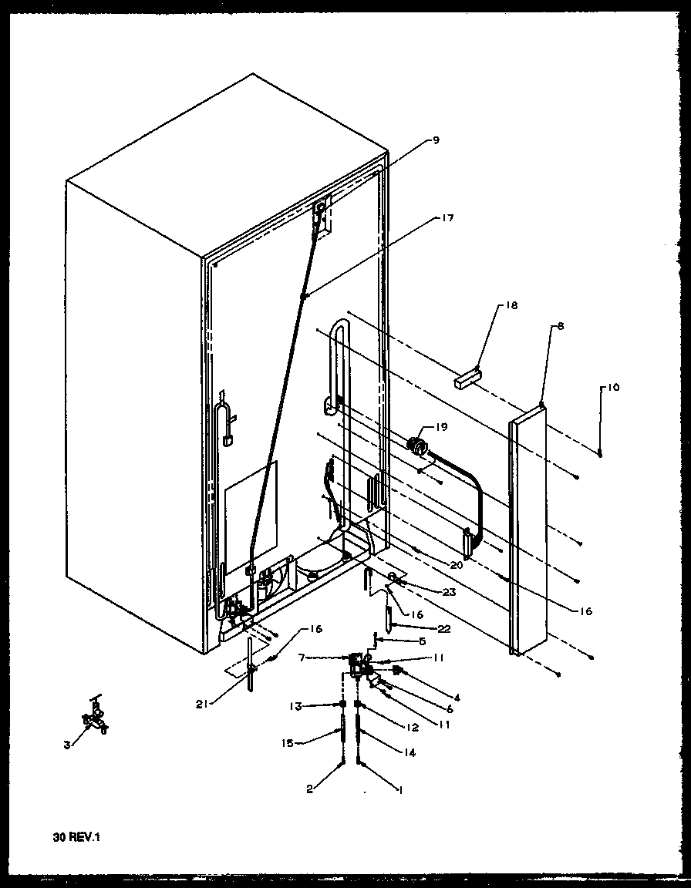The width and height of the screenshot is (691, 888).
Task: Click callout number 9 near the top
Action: pos(436,140)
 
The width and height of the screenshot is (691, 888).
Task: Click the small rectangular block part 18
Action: pos(467,378)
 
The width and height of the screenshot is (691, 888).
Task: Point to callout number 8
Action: pos(560,326)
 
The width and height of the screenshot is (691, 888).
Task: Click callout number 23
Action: pos(449,592)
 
